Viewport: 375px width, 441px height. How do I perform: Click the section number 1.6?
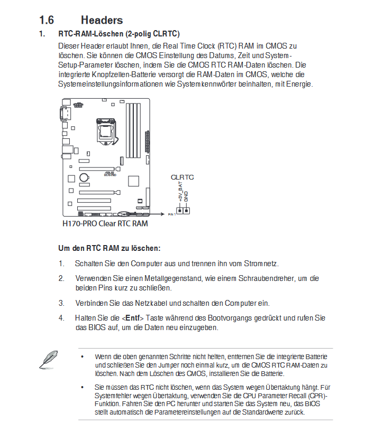(47, 20)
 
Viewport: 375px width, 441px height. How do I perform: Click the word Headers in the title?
(102, 20)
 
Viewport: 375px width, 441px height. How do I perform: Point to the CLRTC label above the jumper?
(182, 177)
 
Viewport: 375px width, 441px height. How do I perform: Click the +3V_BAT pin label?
(180, 193)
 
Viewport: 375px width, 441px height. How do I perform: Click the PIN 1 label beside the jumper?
(171, 214)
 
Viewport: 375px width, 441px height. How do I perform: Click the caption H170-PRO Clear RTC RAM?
(105, 223)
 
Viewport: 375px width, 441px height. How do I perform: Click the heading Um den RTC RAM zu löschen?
(109, 248)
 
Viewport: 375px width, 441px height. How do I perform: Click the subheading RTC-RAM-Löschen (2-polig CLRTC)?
(119, 34)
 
